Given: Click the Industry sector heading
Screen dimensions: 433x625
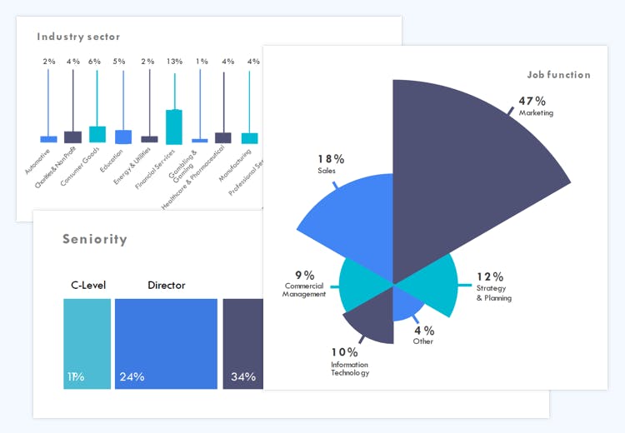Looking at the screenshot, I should (78, 37).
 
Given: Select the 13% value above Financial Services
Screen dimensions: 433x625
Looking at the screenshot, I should (174, 62).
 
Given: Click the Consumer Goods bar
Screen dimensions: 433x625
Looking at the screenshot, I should (97, 134).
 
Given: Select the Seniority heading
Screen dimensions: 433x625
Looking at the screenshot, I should (95, 240).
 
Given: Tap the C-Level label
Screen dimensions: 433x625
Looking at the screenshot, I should (87, 286).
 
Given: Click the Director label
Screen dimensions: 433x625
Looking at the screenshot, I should (167, 286).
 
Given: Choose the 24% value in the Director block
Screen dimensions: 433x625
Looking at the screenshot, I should (132, 376).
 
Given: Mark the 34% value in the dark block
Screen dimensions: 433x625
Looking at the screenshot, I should (243, 376).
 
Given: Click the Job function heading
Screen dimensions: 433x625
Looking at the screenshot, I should (558, 75).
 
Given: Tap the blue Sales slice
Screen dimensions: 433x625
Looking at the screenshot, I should (350, 221).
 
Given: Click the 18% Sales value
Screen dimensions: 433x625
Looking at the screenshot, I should (331, 159).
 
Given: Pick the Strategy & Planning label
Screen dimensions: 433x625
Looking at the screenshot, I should (493, 292).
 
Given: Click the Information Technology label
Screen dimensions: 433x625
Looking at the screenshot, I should (349, 367).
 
